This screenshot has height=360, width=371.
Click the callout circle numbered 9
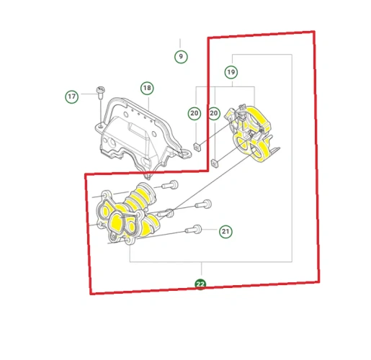pos(181,57)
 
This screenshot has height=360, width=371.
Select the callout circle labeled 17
pos(72,96)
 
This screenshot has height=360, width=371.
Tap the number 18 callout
pos(147,88)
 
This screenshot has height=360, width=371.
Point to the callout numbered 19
pos(231,72)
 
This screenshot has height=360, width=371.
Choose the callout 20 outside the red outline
pos(195,113)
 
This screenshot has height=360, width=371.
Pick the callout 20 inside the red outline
pos(214,113)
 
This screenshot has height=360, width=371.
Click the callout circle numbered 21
pos(225,231)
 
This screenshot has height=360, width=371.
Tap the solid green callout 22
pos(200,284)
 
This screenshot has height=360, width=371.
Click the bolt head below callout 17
pos(101,91)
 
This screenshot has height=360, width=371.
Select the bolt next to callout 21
pos(193,229)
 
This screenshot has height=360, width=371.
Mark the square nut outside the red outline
pos(197,147)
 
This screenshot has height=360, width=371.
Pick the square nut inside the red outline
pos(215,163)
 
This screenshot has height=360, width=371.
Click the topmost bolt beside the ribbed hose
pos(170,185)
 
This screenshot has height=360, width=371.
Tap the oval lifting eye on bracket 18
pos(186,153)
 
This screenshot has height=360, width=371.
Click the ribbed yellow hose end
pos(145,190)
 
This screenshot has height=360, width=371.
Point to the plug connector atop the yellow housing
pos(241,112)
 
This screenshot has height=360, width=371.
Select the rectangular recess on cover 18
pos(138,130)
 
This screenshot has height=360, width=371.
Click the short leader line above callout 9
pos(180,43)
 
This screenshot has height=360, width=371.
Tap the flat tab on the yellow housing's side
pos(274,150)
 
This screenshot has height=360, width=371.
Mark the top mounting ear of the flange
pos(106,194)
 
